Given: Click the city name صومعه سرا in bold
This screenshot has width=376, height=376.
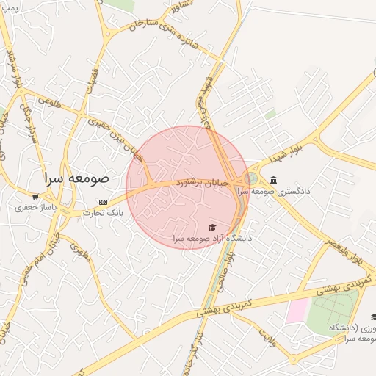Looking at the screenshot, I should pos(76,178).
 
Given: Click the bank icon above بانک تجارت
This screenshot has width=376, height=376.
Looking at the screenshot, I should pos(103,202).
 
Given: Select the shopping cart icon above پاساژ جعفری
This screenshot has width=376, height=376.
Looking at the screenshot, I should pos(35,197).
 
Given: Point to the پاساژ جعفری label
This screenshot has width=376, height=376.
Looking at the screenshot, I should pos(35,208).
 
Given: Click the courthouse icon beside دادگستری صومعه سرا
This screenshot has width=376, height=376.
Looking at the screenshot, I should pos(274,180).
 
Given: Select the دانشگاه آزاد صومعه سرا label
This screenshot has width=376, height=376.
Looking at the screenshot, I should pos(213,239).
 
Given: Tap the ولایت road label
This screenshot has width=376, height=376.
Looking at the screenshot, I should pos(267,336).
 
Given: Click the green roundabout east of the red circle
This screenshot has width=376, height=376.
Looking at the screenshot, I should pos(252,178).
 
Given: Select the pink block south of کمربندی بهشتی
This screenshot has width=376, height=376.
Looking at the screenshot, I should pos(297,310).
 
